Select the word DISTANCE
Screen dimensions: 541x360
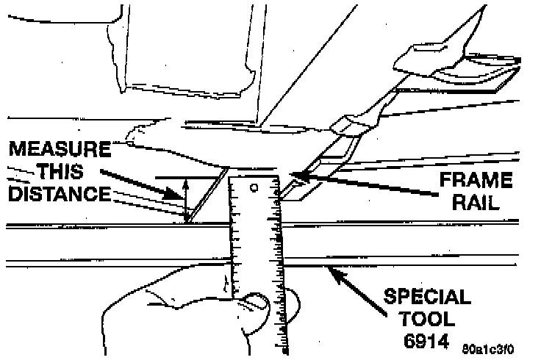(58, 195)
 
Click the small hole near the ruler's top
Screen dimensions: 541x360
(253, 189)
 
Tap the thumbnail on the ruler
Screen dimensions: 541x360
(257, 300)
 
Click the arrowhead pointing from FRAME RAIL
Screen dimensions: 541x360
(297, 176)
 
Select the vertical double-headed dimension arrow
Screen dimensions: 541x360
(185, 198)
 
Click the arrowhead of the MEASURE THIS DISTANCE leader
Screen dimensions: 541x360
(178, 197)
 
